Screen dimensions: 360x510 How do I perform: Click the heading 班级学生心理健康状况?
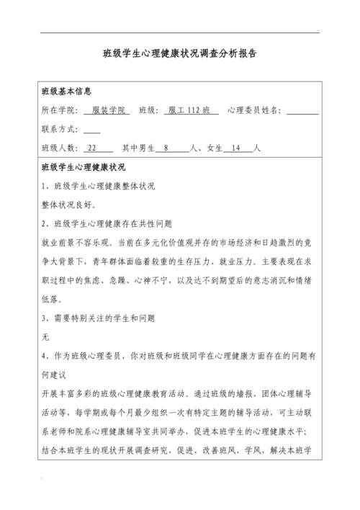(84, 167)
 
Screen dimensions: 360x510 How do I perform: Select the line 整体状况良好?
(69, 205)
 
